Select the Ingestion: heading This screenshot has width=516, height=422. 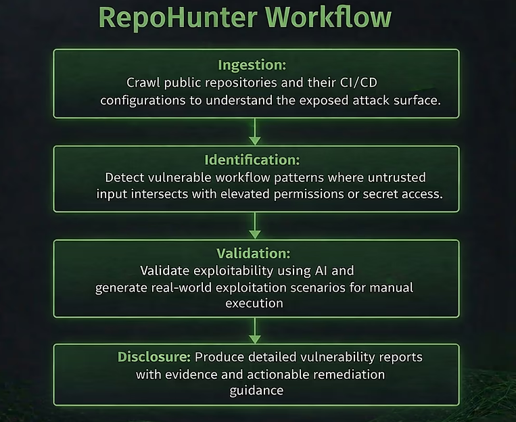(x=252, y=65)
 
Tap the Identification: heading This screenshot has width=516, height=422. (x=252, y=160)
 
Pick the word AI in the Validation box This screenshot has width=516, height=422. (x=323, y=271)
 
